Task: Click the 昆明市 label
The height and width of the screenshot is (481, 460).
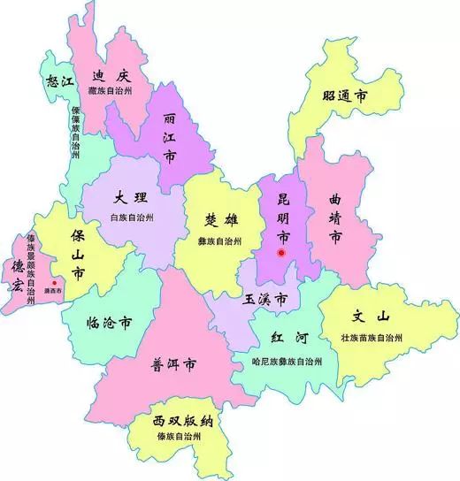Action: [283, 217]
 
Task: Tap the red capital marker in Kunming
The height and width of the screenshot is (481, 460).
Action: [281, 254]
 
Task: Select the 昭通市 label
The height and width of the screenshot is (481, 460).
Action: [345, 96]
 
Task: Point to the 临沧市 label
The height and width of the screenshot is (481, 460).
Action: [110, 323]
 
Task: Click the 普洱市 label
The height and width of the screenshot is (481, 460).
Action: [175, 363]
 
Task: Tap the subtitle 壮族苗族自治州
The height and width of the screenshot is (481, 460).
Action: [373, 338]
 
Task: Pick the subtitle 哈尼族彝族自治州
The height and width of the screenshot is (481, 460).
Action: [287, 362]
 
